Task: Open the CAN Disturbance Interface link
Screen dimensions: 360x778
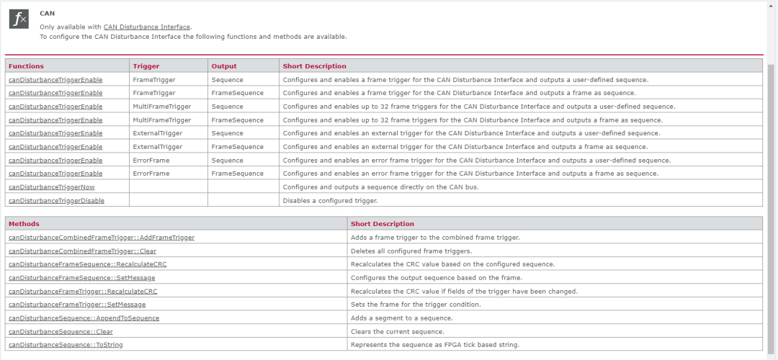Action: (x=147, y=27)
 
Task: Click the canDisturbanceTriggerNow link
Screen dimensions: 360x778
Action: (x=52, y=187)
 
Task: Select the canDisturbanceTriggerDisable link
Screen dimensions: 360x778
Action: (x=56, y=200)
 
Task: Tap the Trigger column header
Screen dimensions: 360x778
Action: (x=146, y=66)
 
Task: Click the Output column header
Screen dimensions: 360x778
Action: (x=224, y=66)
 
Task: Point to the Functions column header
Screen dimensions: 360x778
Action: (x=26, y=66)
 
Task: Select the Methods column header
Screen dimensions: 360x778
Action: (x=24, y=224)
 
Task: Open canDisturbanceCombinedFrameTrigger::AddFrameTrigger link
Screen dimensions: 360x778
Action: (x=102, y=238)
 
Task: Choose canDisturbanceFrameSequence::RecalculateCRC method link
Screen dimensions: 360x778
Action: (x=88, y=264)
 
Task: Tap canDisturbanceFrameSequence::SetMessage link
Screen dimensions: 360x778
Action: (x=81, y=278)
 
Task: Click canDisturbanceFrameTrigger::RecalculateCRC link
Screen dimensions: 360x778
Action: (x=83, y=292)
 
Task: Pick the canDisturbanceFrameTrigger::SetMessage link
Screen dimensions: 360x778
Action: (x=77, y=305)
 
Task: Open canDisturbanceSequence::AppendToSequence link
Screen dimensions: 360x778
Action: (x=84, y=318)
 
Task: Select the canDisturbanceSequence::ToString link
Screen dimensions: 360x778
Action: (x=66, y=345)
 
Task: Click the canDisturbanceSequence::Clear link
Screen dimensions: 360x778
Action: (x=61, y=332)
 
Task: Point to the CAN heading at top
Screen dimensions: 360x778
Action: (x=47, y=13)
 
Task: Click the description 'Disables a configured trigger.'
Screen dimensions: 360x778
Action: (x=330, y=200)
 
